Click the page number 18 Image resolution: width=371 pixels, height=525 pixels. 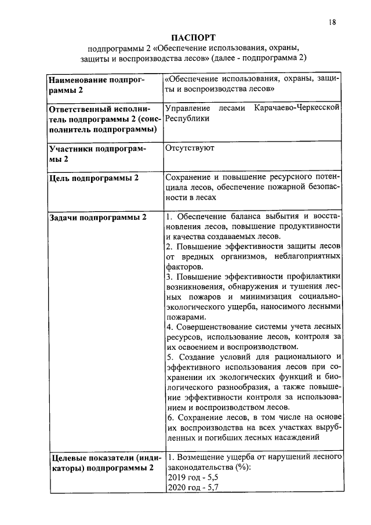pyautogui.click(x=332, y=23)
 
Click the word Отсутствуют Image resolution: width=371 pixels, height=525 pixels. pyautogui.click(x=190, y=148)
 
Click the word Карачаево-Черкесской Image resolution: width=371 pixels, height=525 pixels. pyautogui.click(x=297, y=108)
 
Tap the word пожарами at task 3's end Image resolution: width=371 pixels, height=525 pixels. pyautogui.click(x=185, y=317)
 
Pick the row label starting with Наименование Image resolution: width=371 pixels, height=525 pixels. pyautogui.click(x=96, y=84)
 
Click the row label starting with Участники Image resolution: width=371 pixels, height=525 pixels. pyautogui.click(x=96, y=153)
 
